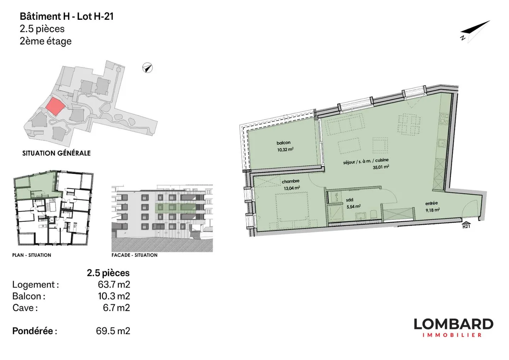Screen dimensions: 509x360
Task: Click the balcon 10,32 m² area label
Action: click(x=285, y=150)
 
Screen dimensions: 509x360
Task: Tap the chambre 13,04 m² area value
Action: click(x=292, y=188)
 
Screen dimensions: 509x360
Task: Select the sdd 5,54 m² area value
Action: click(x=353, y=207)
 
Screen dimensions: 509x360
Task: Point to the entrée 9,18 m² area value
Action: click(x=432, y=210)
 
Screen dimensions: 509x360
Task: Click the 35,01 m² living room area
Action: click(x=381, y=167)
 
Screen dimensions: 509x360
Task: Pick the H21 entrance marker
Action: click(x=466, y=225)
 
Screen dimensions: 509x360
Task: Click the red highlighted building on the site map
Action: click(x=55, y=106)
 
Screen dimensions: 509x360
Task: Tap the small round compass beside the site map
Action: click(x=147, y=68)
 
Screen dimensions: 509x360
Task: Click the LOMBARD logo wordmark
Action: click(x=454, y=324)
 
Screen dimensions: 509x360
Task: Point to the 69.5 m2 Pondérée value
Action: click(x=113, y=331)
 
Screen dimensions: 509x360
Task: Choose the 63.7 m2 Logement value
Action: click(x=114, y=284)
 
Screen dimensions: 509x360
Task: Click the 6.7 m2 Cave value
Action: click(x=116, y=308)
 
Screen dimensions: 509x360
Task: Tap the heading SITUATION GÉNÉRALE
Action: click(x=56, y=153)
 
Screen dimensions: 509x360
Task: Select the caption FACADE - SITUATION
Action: click(x=135, y=255)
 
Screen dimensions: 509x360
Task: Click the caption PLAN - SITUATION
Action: click(x=31, y=255)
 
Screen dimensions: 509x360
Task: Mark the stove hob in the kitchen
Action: click(x=445, y=119)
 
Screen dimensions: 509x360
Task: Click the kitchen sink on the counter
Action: click(x=441, y=143)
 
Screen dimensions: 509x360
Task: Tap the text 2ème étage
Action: click(x=46, y=41)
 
